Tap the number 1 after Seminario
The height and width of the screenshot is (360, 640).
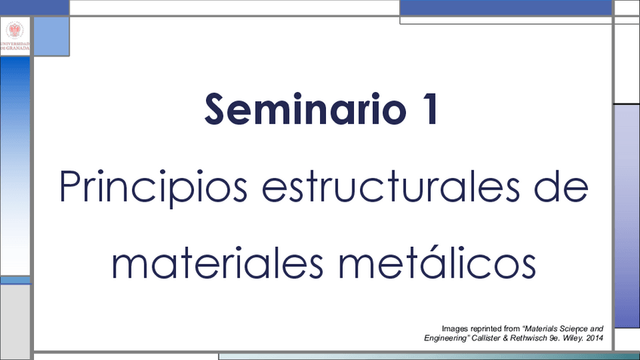tap(429, 109)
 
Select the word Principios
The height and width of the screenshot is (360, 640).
tap(153, 187)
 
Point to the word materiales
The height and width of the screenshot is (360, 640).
tap(217, 263)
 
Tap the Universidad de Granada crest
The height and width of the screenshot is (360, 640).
tap(14, 30)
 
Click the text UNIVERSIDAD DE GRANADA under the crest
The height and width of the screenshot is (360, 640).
tap(14, 46)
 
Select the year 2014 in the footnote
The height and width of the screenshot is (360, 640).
tap(595, 338)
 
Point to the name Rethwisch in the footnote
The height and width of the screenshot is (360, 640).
tap(528, 338)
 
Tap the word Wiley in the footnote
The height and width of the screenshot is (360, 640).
tap(572, 338)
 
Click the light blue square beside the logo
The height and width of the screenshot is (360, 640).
tap(51, 36)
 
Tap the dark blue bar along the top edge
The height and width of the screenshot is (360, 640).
tap(506, 8)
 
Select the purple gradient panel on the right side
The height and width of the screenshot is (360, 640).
tap(627, 216)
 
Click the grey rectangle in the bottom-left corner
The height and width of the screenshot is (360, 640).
tap(15, 322)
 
